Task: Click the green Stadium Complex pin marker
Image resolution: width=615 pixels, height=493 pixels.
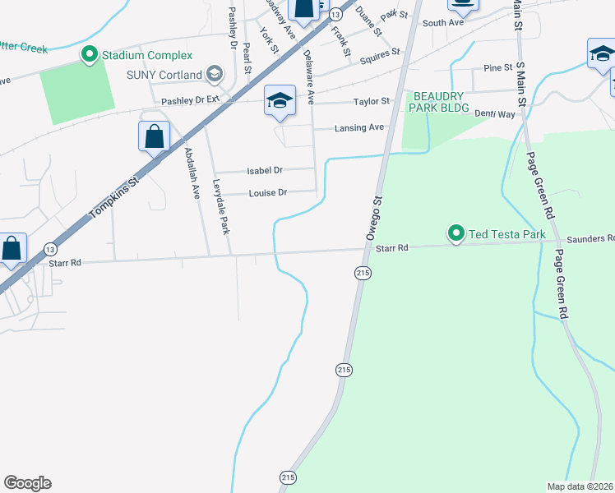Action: point(89,55)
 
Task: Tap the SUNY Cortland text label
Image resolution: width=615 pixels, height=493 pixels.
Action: point(164,75)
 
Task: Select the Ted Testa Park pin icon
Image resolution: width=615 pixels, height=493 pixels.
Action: point(456,234)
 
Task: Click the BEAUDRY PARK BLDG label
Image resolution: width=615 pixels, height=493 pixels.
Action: point(441,102)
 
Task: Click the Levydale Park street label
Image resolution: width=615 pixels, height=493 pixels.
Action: point(220,206)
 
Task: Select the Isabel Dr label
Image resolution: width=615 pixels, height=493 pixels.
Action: point(265,170)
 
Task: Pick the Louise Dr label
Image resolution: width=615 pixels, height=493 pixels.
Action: point(267,192)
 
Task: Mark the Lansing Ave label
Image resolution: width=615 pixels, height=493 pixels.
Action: point(359,128)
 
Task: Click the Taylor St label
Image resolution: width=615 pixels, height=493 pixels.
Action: point(371,102)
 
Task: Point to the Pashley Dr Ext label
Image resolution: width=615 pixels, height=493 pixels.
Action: point(191,99)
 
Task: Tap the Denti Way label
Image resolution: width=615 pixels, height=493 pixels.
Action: point(496,114)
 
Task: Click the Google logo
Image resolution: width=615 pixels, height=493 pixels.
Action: point(27,483)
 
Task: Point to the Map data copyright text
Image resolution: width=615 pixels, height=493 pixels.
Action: point(580,486)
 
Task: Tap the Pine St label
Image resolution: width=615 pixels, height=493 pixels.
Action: point(498,67)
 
